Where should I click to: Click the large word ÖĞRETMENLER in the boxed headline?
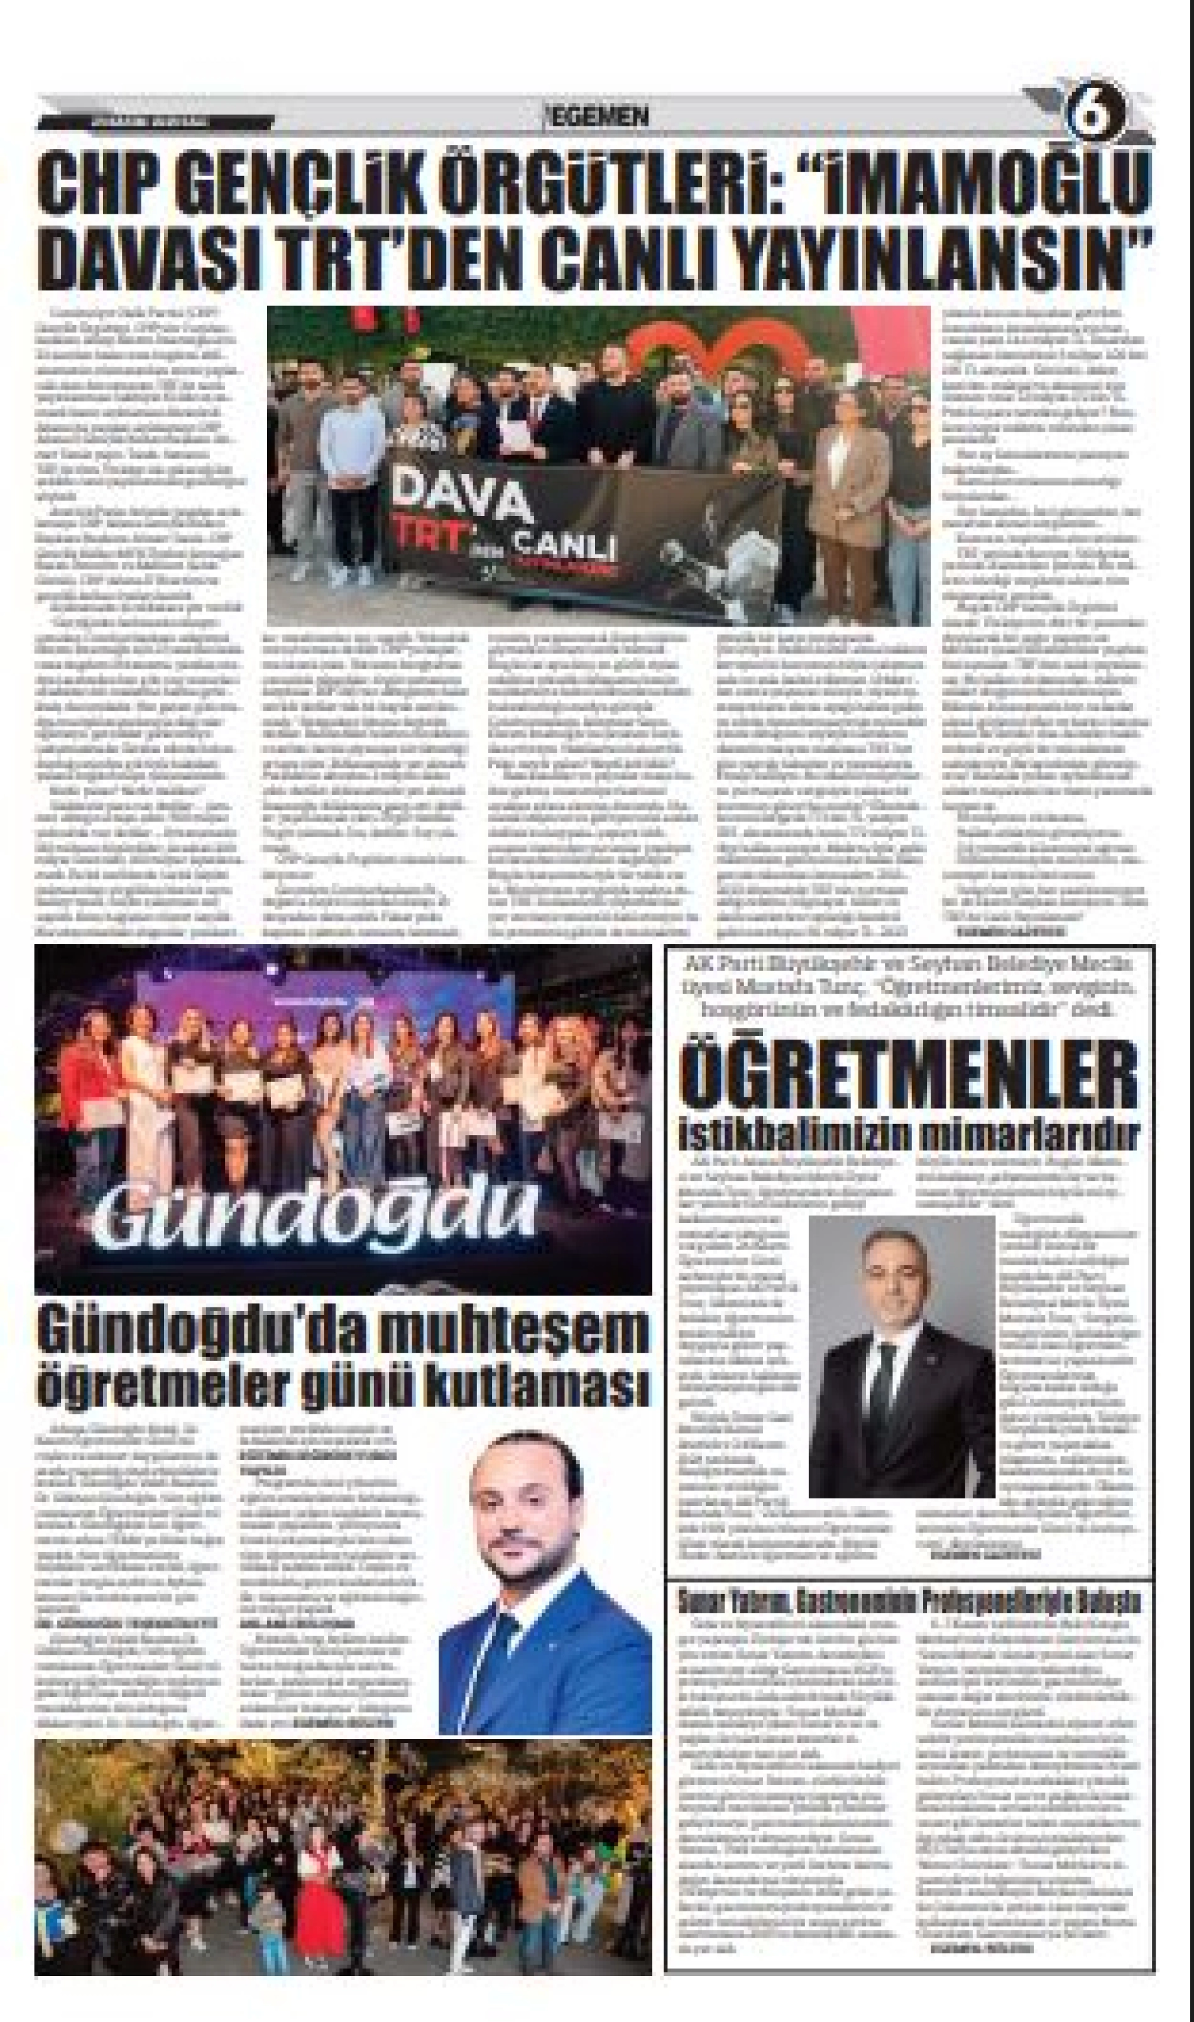909,1076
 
